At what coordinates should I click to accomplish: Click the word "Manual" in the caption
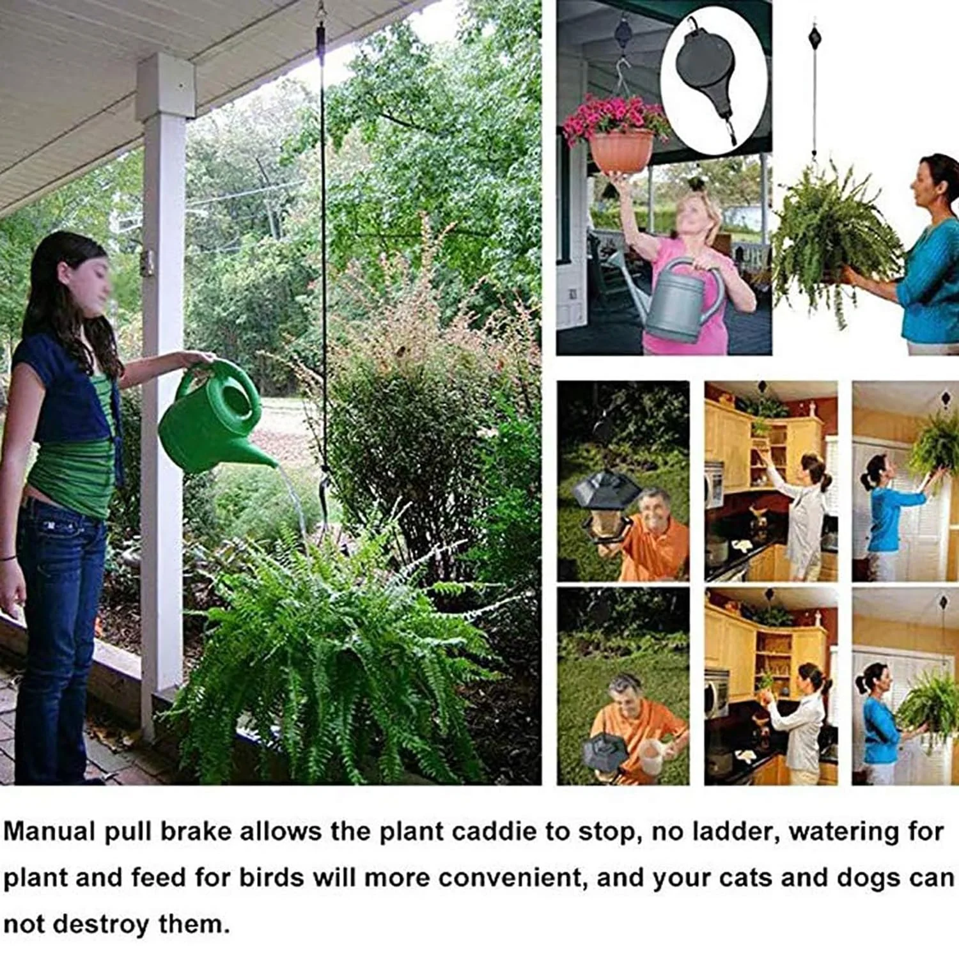tap(48, 832)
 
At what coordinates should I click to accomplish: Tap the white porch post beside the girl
tap(163, 384)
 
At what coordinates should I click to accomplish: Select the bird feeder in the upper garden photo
tap(604, 505)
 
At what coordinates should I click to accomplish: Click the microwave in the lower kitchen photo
tap(717, 694)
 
